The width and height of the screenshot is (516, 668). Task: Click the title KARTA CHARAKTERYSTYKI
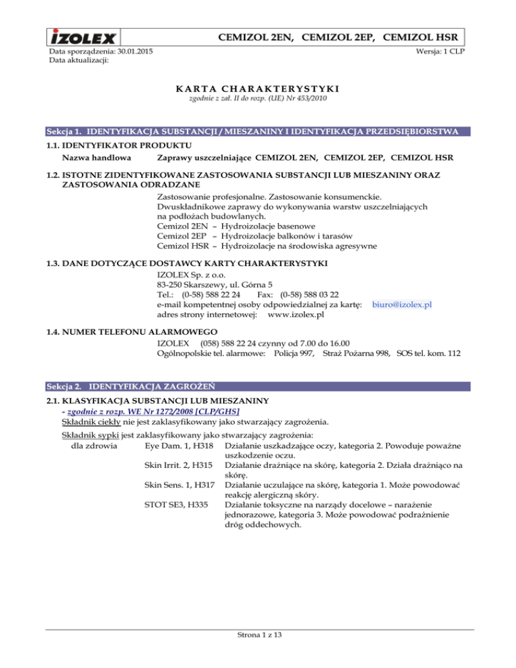tap(257, 89)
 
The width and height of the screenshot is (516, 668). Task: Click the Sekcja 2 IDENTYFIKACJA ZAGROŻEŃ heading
tap(130, 386)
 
